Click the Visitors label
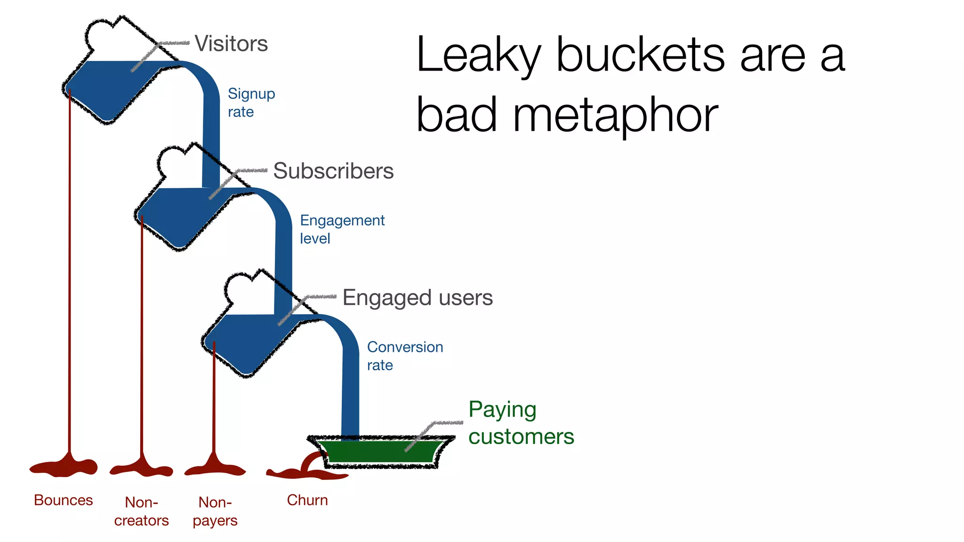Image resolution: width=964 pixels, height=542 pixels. click(231, 44)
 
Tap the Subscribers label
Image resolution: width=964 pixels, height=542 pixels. click(333, 171)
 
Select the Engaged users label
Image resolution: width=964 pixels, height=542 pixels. click(418, 298)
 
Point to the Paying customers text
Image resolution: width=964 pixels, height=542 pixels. click(521, 423)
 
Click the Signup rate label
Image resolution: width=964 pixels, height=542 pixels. click(251, 103)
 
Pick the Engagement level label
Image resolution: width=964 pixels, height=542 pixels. click(342, 229)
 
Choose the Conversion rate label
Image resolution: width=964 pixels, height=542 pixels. click(405, 356)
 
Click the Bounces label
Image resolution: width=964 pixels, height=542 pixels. click(64, 500)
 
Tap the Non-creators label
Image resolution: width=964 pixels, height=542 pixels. click(141, 511)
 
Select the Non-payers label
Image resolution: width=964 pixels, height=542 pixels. click(215, 511)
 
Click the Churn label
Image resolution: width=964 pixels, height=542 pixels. click(307, 500)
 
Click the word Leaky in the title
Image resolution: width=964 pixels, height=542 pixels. click(478, 56)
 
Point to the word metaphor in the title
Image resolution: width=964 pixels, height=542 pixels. click(615, 116)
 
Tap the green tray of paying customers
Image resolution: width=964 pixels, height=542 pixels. click(380, 452)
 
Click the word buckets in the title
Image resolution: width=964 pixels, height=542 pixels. click(641, 56)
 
